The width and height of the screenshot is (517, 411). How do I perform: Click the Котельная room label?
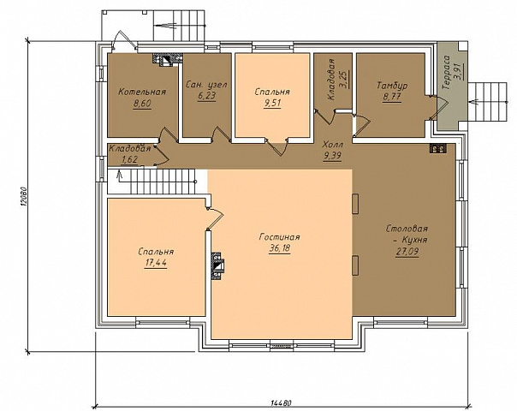point(142,92)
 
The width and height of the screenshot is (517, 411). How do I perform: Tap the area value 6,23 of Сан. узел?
point(207,96)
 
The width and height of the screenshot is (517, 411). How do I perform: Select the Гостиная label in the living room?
point(280,237)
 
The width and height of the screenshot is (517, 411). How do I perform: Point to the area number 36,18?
point(280,248)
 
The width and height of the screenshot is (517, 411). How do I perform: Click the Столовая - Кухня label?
point(407,234)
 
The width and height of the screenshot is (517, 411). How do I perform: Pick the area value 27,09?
point(407,252)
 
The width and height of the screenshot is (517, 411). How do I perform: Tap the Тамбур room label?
point(392,86)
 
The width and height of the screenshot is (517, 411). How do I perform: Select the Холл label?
point(333,145)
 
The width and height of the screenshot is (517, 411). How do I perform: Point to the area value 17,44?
point(156,263)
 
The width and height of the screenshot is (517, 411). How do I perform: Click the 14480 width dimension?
point(282,403)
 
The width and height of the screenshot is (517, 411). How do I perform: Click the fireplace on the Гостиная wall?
point(217,266)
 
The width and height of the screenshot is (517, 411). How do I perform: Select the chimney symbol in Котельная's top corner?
point(167,59)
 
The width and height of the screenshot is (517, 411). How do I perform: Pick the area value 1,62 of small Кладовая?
point(129,160)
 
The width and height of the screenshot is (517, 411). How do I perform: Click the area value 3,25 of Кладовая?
point(345,80)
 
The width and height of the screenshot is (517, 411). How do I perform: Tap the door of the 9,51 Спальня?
point(277,146)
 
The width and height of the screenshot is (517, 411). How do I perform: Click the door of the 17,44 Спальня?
point(215,218)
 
